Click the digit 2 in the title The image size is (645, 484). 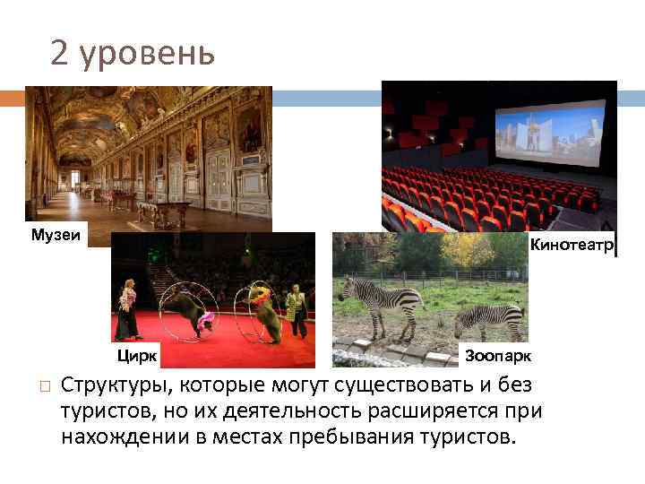[x=59, y=54]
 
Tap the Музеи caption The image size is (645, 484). [x=56, y=235]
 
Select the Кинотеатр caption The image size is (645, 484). [x=572, y=245]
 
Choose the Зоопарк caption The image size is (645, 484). [x=498, y=356]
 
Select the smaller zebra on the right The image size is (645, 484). [x=489, y=317]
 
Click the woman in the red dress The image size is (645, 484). [x=128, y=310]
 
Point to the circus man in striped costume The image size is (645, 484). [x=296, y=310]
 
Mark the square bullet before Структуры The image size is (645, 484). [x=42, y=386]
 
